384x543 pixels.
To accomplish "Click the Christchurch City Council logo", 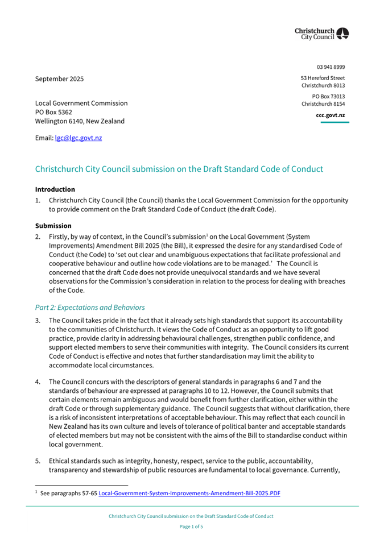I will coord(321,34).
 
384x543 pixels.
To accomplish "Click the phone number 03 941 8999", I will coord(331,67).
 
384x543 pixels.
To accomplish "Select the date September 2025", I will coord(59,79).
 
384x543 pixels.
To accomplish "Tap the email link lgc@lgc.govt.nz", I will coord(78,138).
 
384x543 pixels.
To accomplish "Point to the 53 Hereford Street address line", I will coord(323,78).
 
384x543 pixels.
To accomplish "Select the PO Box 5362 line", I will coord(53,113).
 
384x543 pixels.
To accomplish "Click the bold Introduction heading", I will coord(55,189).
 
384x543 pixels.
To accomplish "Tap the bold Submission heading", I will coord(53,225).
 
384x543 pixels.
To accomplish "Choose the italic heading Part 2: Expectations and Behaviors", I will coord(90,308).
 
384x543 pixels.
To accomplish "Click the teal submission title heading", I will coord(179,169).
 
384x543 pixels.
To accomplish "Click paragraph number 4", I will coord(38,381).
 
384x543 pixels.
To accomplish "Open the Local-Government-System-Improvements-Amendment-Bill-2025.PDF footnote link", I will coord(189,494).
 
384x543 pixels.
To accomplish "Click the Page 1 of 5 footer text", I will coord(191,527).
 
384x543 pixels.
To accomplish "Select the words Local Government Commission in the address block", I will coord(81,103).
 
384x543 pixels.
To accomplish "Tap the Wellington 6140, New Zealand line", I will coord(80,121).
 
